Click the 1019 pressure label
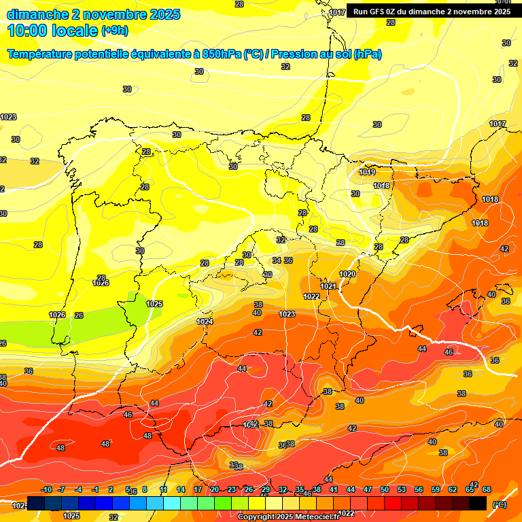click(367, 172)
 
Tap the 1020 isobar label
click(347, 274)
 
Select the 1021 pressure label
click(329, 286)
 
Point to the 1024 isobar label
click(205, 321)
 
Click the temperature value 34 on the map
click(277, 260)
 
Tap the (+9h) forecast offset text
click(114, 31)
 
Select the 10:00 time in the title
click(28, 31)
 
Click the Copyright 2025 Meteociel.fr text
click(288, 517)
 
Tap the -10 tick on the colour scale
click(46, 490)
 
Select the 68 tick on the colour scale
click(487, 490)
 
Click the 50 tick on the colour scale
click(385, 490)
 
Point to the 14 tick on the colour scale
click(181, 490)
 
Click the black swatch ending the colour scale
click(478, 503)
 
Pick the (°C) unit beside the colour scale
click(500, 504)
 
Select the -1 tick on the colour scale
click(95, 490)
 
